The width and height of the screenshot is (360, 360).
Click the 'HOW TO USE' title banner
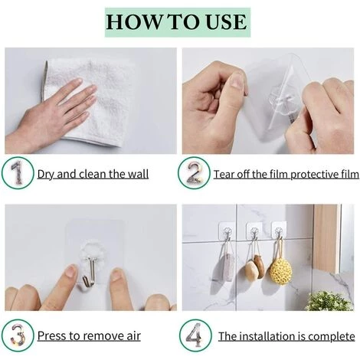178,21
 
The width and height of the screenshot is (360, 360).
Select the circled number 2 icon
193,173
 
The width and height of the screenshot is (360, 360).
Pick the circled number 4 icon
193,335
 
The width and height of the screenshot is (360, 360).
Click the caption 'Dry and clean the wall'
93,174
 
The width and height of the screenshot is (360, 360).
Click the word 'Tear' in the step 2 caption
225,174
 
